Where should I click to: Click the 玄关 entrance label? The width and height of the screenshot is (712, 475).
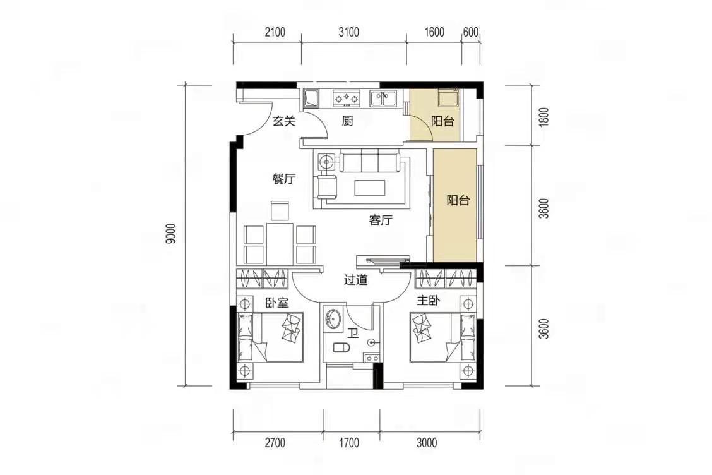(x=284, y=121)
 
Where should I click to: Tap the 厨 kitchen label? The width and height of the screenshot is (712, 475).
(x=348, y=121)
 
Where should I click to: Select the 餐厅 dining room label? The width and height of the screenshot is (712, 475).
(x=284, y=179)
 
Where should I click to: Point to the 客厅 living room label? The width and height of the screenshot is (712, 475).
(x=381, y=221)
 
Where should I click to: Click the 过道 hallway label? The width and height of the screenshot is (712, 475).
(x=355, y=280)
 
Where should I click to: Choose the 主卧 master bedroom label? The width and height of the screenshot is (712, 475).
(x=428, y=301)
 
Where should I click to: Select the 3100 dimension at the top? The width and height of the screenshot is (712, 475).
(x=348, y=32)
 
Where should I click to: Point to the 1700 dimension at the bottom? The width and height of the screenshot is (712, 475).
(x=348, y=442)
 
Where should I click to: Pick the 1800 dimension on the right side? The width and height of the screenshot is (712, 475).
(x=545, y=117)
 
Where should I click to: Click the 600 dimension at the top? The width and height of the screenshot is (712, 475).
(x=471, y=32)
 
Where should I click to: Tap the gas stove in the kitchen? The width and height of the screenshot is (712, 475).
(x=347, y=97)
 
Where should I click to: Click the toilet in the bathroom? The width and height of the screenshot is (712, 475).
(x=341, y=348)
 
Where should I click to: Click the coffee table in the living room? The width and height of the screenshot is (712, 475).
(x=370, y=187)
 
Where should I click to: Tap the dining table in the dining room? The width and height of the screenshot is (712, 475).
(x=279, y=243)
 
